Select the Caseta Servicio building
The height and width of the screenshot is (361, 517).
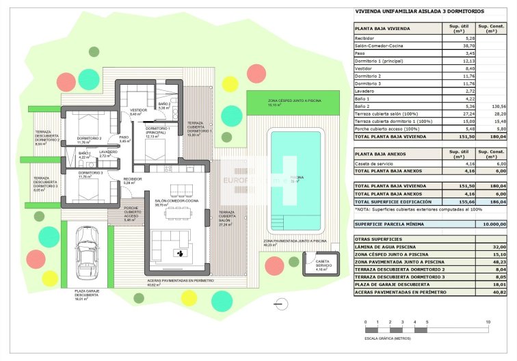[x=320, y=265]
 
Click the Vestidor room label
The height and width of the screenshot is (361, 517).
[x=139, y=111]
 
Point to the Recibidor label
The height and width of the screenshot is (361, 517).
[x=133, y=179]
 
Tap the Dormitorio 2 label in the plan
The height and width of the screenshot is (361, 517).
[x=89, y=120]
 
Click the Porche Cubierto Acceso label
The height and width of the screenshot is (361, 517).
[x=133, y=213]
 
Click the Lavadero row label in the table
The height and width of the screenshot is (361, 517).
[x=366, y=91]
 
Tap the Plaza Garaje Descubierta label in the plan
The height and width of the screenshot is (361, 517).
[x=89, y=293]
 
